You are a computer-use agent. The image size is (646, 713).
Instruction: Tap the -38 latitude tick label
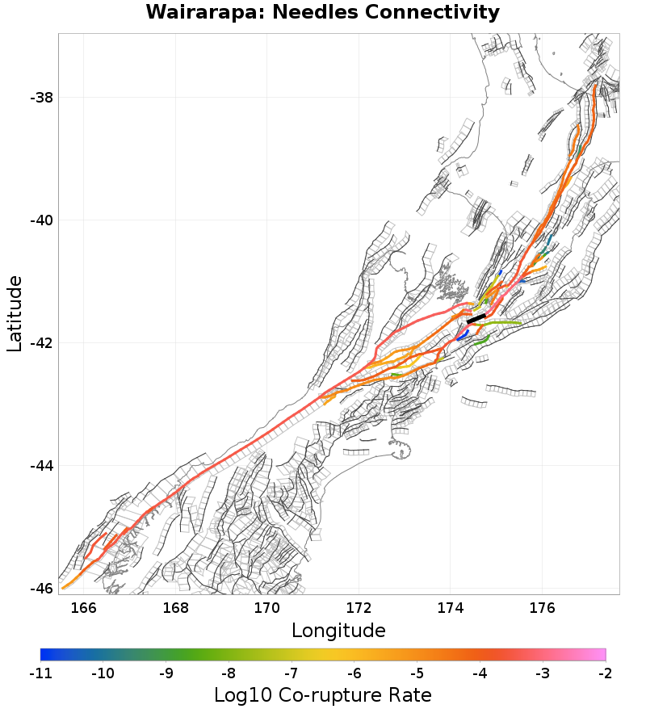click(x=41, y=98)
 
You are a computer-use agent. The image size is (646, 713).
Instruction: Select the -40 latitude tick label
click(x=41, y=220)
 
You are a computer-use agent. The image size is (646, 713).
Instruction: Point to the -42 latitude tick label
click(x=41, y=343)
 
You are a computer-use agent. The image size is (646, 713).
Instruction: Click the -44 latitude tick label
click(x=41, y=466)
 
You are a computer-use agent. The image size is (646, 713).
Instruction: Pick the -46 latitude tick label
click(x=41, y=589)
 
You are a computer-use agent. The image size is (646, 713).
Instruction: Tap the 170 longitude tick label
click(x=267, y=607)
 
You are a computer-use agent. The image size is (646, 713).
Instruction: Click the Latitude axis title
click(x=15, y=313)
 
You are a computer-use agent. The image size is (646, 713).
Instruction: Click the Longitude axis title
click(x=338, y=630)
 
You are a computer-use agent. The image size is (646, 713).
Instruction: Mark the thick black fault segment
click(x=476, y=319)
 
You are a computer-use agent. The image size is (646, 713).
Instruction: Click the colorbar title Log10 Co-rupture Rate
click(x=323, y=694)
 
